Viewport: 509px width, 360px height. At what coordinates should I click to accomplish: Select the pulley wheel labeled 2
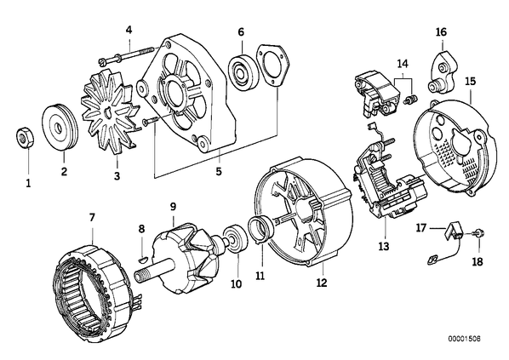[60, 128]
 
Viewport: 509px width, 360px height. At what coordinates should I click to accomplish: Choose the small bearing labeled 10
[236, 238]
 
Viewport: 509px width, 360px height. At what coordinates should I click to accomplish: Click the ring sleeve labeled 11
[261, 229]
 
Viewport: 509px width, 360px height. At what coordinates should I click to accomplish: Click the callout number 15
[471, 81]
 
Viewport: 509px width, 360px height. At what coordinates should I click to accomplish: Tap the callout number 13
[383, 246]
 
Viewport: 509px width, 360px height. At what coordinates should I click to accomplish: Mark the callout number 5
[219, 171]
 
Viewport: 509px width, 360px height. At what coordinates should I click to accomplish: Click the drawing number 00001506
[464, 339]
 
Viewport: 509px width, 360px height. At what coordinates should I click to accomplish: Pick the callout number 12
[322, 283]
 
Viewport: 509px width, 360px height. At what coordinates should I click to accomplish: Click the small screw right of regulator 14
[410, 99]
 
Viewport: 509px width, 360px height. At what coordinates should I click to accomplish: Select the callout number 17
[421, 228]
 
